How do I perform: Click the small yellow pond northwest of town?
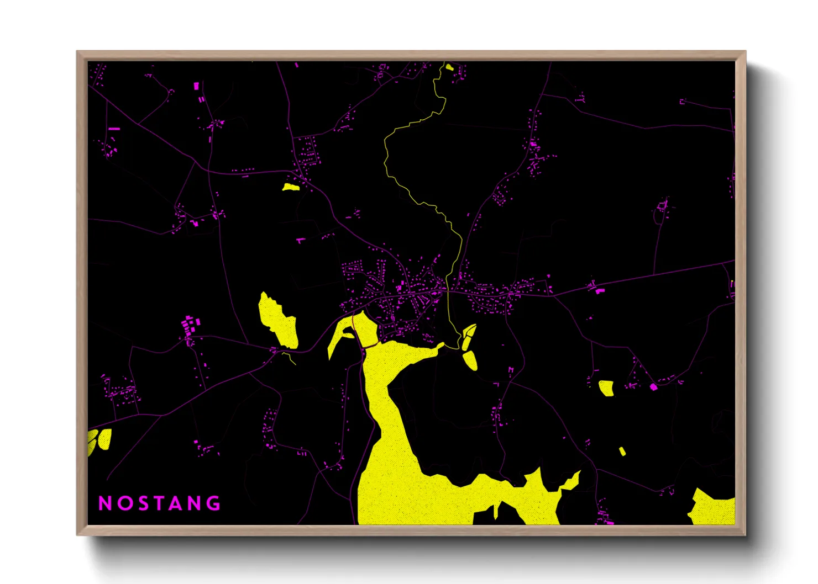291,187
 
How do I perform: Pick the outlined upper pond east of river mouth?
469,336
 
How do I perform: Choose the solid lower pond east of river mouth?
470,360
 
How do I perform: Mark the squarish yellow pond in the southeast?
607,387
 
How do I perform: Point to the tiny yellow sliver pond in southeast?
622,452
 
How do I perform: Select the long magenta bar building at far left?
114,129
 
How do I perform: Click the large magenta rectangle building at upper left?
196,86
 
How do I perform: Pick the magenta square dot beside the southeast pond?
654,387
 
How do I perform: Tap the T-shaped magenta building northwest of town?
300,240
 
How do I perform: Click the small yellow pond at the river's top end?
449,68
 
